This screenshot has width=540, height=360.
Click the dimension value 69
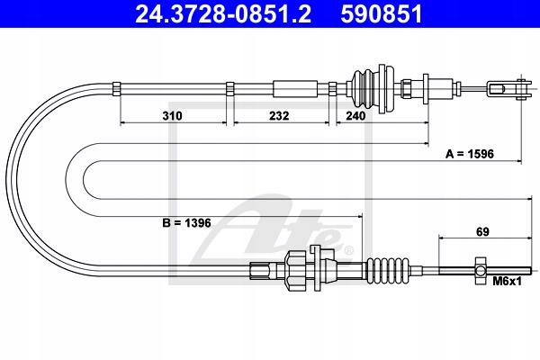coord(482,232)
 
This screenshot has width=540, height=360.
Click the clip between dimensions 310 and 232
coord(231,88)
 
